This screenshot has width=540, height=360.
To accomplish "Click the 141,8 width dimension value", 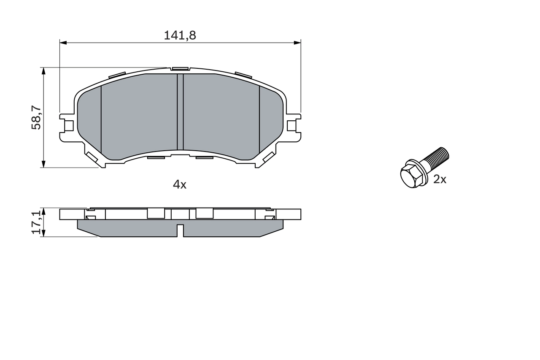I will (180, 35).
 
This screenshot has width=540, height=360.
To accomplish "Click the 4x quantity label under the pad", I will (180, 184).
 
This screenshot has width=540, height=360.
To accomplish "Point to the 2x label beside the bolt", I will (440, 180).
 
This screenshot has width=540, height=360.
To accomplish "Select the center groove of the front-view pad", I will (180, 112).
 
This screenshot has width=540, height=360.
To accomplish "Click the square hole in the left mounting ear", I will (69, 126).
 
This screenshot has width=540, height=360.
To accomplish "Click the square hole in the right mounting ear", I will (292, 126).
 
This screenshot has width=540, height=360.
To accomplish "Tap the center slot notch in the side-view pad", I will (180, 230).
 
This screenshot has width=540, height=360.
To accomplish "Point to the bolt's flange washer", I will (419, 167).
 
